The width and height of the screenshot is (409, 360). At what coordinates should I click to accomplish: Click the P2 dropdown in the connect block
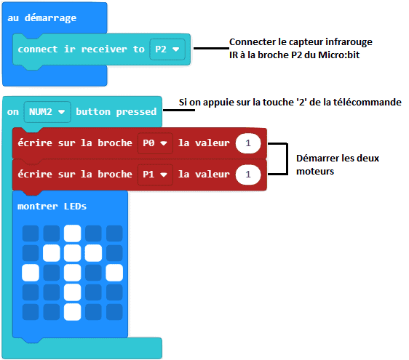coord(167,49)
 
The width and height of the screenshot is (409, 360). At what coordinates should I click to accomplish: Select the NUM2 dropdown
coord(47,112)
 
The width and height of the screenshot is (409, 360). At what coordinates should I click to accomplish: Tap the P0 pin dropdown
coord(155,143)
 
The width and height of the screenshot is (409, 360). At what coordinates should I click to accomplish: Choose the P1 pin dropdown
coord(155,175)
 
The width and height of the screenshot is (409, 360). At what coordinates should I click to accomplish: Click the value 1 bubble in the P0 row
coord(248,143)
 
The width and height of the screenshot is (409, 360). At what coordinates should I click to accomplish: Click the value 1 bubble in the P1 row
coord(248,175)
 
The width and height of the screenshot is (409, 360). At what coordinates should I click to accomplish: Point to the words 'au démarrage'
coord(41,18)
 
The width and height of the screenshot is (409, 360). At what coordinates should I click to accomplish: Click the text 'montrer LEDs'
coord(52,207)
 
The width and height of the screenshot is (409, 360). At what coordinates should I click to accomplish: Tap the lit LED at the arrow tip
coord(73,233)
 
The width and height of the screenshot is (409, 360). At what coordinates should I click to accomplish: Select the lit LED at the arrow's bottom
coord(73,312)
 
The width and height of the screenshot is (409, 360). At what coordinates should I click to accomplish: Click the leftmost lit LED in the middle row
coord(31,273)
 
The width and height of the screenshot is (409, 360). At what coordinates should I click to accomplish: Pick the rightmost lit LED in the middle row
coord(114,273)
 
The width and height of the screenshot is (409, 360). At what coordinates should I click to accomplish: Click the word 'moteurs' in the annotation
coord(315,171)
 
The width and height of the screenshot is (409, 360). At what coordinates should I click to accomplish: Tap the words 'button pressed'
coord(116,112)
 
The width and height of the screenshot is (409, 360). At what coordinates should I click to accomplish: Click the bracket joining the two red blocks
coord(287,159)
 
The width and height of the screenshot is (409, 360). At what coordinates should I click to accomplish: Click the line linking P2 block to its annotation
coord(212,48)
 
